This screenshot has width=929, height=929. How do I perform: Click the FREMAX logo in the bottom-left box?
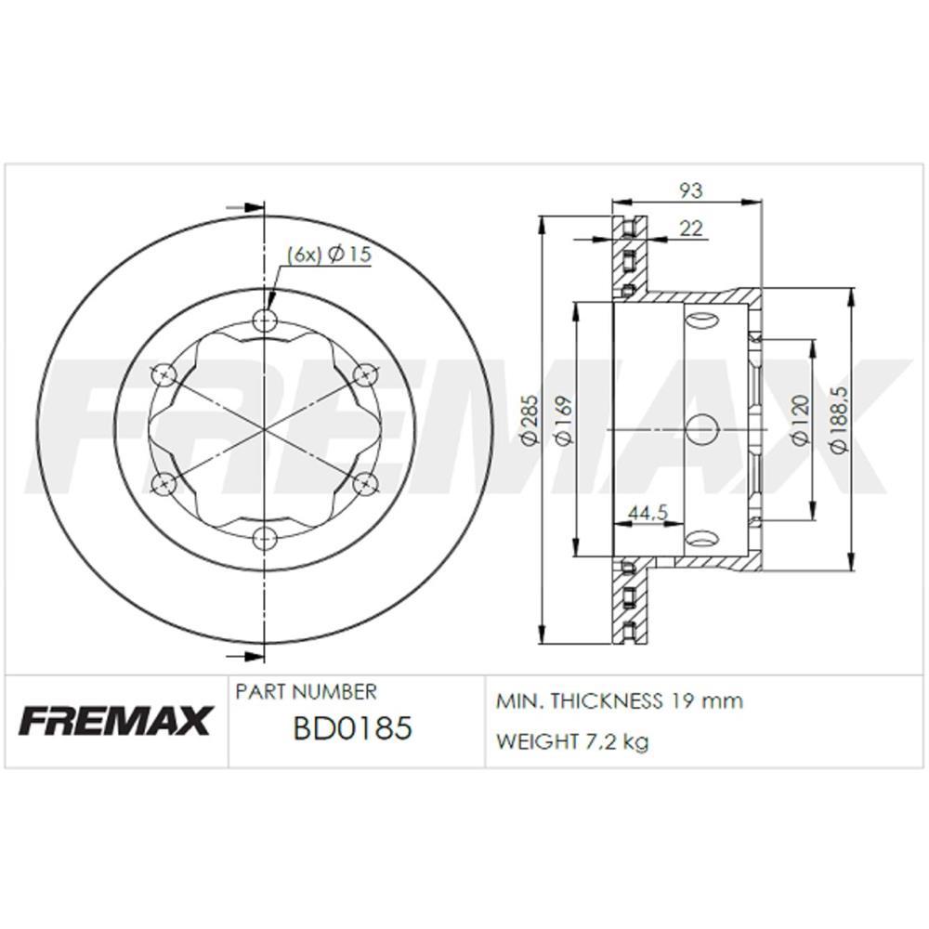tap(116, 720)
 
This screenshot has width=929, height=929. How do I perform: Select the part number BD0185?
tap(351, 728)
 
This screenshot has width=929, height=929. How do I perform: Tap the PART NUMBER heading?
tap(307, 692)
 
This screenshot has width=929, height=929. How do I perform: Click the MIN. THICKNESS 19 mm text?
tap(620, 700)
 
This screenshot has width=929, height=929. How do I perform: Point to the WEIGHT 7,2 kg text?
tap(572, 741)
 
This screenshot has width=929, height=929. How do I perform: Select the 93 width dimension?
tap(689, 190)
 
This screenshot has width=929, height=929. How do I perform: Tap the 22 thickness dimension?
tap(690, 229)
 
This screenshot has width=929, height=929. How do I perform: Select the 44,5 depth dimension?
tap(649, 512)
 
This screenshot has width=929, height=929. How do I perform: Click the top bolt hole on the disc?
tap(266, 321)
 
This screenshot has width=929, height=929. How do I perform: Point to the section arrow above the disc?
tap(247, 207)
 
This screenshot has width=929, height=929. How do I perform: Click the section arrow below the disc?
tap(247, 656)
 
